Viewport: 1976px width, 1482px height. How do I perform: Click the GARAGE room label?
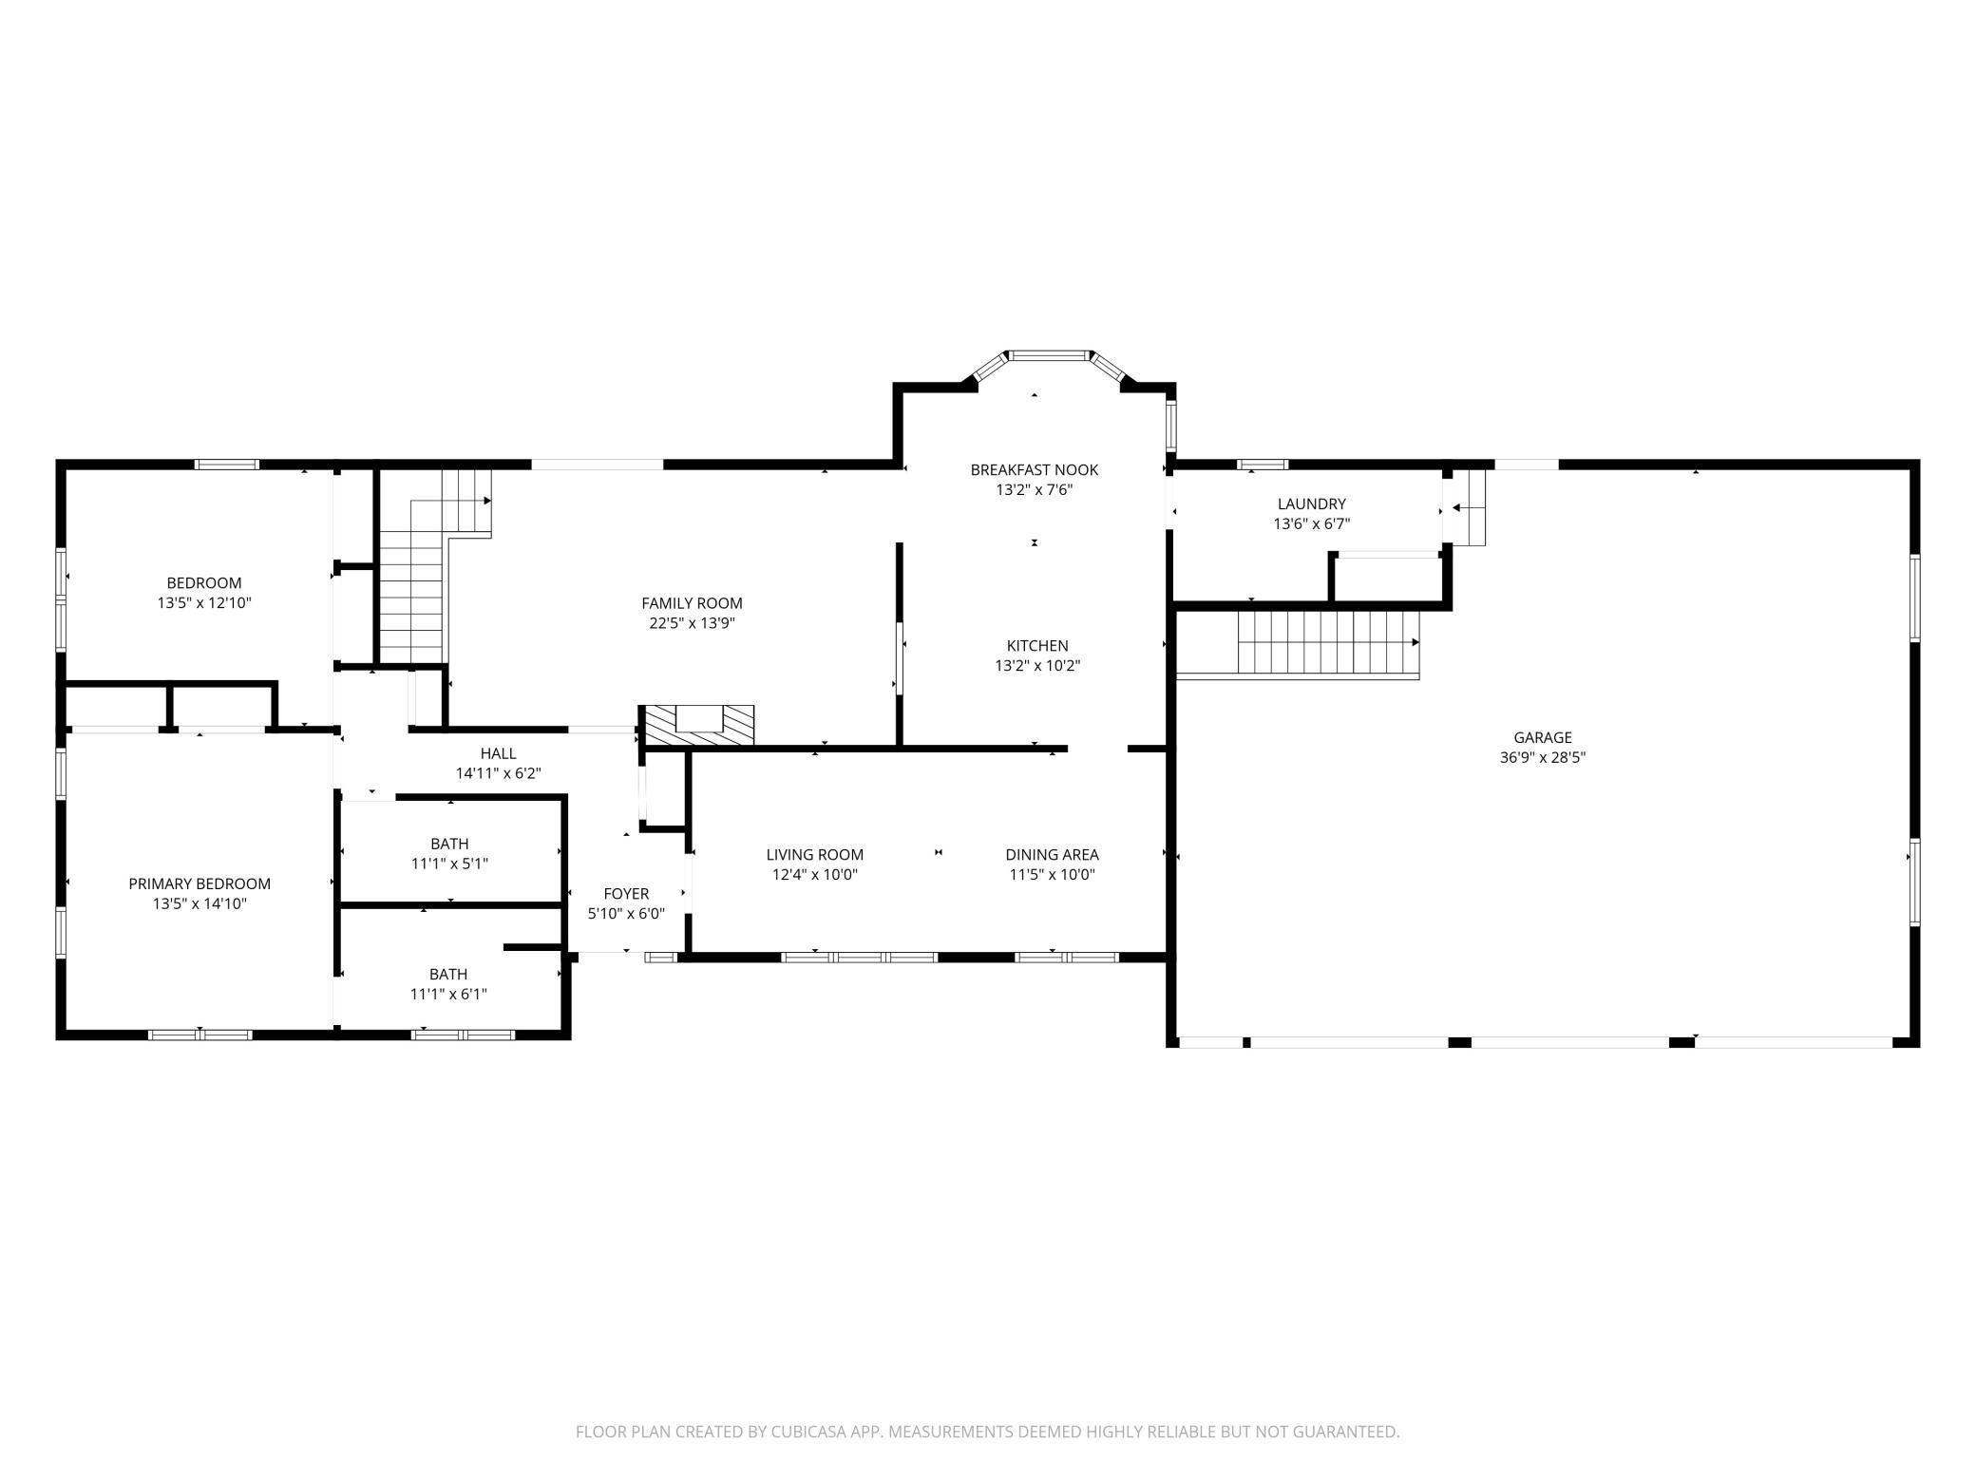point(1543,737)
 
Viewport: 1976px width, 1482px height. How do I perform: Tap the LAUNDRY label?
point(1311,503)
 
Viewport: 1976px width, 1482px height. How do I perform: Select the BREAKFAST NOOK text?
point(1034,469)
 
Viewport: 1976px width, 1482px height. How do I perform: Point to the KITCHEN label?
point(1037,645)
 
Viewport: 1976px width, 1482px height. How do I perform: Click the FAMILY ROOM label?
point(692,603)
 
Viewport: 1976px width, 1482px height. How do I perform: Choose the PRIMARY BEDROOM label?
point(199,883)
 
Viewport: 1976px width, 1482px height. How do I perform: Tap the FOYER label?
point(626,893)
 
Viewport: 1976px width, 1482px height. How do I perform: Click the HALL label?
point(498,753)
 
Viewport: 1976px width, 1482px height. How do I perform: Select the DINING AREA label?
point(1052,854)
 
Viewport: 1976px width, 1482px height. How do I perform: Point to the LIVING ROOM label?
point(814,854)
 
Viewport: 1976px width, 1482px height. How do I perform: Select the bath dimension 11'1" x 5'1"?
point(449,864)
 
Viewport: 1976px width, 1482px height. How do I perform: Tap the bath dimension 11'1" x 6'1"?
point(448,994)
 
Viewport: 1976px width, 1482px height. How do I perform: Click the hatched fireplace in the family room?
point(699,726)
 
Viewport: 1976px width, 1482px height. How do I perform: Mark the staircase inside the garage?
point(1326,642)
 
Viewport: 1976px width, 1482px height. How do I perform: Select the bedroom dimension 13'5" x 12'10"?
point(204,603)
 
